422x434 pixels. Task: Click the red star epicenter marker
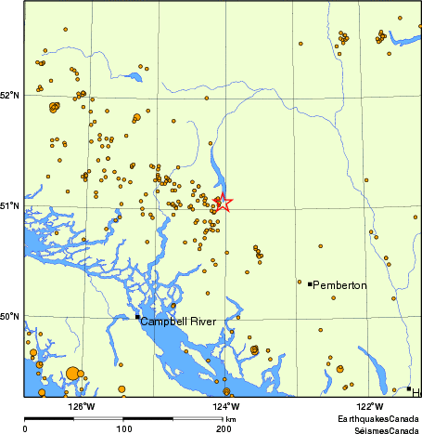pos(223,202)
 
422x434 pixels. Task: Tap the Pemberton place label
pos(340,284)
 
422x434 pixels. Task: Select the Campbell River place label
pos(178,322)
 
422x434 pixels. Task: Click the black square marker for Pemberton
pos(310,283)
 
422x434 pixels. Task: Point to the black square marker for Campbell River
pos(137,317)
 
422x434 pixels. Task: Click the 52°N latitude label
pos(10,95)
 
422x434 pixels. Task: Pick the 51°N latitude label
pos(10,205)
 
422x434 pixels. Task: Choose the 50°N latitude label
pos(10,316)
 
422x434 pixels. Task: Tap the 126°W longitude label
pos(82,405)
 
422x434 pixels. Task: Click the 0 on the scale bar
pos(24,428)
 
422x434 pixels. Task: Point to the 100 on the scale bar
pos(123,428)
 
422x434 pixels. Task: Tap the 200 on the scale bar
pos(223,428)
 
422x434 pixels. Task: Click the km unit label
pos(230,420)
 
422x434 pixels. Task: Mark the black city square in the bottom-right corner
pos(408,388)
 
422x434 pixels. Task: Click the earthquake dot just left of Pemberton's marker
pos(300,282)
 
